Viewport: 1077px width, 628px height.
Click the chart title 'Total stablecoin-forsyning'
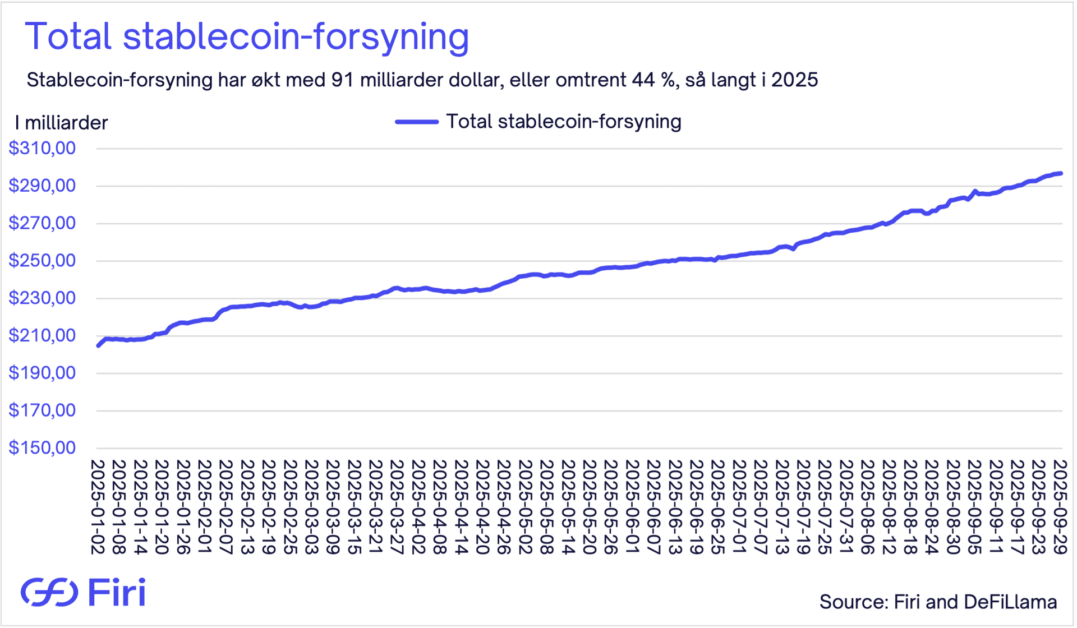(x=247, y=37)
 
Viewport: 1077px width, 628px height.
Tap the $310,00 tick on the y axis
(x=42, y=149)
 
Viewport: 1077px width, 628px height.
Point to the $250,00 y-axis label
(x=42, y=261)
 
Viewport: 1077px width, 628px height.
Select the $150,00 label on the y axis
(x=42, y=448)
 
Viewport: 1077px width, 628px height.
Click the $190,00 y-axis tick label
(x=42, y=373)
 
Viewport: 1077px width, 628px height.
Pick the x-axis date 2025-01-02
(x=98, y=507)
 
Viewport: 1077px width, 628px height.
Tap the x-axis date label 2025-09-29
(x=1060, y=507)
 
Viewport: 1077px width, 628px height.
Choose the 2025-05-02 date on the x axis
(x=526, y=507)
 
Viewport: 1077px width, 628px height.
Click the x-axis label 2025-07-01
(x=739, y=507)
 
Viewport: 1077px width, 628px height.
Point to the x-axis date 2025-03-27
(x=397, y=507)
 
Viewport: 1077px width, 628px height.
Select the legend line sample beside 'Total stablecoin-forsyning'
(x=417, y=122)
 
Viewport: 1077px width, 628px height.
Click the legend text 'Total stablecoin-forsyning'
(x=564, y=122)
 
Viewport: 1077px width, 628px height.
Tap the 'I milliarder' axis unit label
(x=62, y=123)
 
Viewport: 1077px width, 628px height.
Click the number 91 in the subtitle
(x=342, y=80)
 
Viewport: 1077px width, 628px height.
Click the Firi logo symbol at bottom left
(x=49, y=592)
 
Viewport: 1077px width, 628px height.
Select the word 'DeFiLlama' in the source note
(x=1010, y=602)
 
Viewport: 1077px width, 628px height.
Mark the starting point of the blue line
(x=98, y=346)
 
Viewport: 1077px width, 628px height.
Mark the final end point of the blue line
(x=1061, y=173)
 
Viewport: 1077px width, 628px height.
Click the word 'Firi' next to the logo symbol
(x=117, y=592)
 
